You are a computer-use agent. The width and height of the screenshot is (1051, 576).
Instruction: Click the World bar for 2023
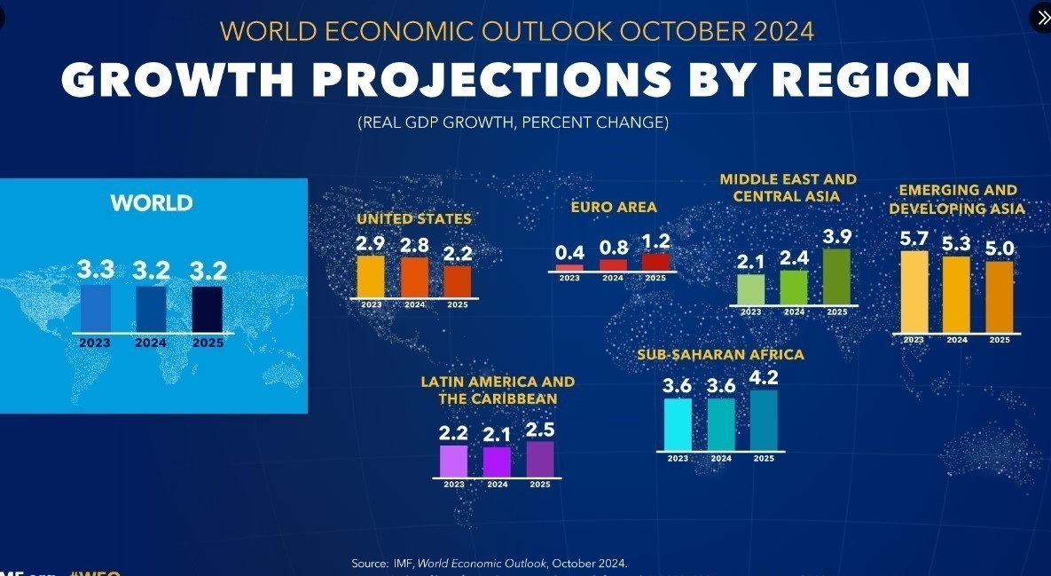pos(96,308)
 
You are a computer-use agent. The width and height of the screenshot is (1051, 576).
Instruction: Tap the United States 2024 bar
pos(414,277)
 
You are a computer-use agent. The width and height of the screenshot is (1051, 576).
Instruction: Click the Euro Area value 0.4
pos(569,254)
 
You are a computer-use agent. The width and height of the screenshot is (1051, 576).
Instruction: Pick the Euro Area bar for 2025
pos(655,262)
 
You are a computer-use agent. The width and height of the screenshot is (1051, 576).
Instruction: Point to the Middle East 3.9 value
pos(836,237)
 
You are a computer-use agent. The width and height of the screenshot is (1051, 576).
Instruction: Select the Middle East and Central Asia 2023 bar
pos(750,289)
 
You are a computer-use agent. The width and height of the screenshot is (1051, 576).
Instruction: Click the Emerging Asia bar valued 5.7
pos(914,291)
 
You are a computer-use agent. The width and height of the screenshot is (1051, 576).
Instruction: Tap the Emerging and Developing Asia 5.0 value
pos(1000,249)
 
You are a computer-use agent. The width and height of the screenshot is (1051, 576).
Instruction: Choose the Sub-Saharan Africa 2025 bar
pos(764,420)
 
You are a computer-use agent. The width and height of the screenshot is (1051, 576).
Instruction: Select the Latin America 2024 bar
pos(497,462)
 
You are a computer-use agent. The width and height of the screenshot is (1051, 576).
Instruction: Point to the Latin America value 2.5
pos(540,430)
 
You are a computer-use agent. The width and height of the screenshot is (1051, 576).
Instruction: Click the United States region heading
pos(414,218)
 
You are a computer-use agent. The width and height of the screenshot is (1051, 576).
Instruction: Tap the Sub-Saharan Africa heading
pos(720,355)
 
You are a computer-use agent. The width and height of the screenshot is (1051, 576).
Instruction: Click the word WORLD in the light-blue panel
pos(152,203)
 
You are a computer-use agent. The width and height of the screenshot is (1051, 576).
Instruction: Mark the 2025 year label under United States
pos(457,305)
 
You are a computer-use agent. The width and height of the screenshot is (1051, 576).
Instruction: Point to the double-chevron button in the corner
pos(1041,18)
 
